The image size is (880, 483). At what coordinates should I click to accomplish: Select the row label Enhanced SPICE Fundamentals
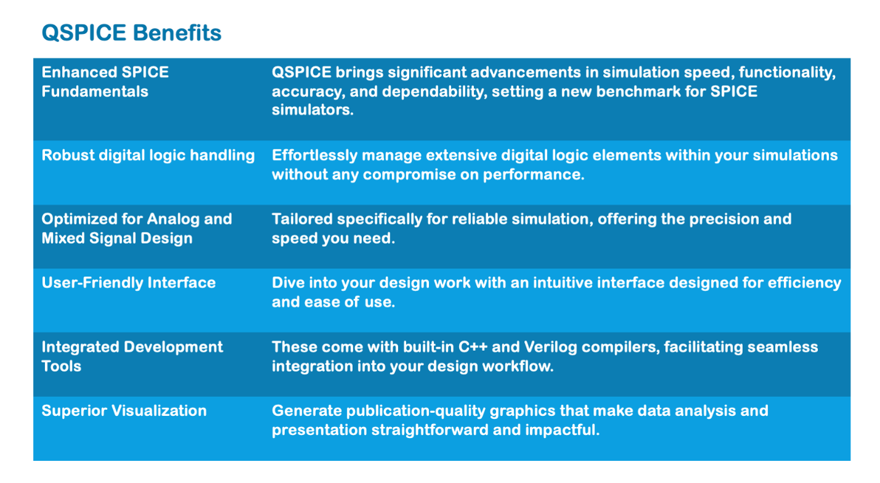(x=105, y=81)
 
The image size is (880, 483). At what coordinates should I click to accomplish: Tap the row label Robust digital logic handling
(x=148, y=155)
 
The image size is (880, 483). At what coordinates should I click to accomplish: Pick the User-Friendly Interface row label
(x=129, y=283)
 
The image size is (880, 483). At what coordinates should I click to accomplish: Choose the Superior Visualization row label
(x=124, y=411)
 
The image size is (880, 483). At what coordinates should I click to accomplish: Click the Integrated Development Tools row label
(x=132, y=356)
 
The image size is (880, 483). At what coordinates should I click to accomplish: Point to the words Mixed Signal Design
(x=117, y=239)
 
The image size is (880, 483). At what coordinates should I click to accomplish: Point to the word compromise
(x=418, y=175)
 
